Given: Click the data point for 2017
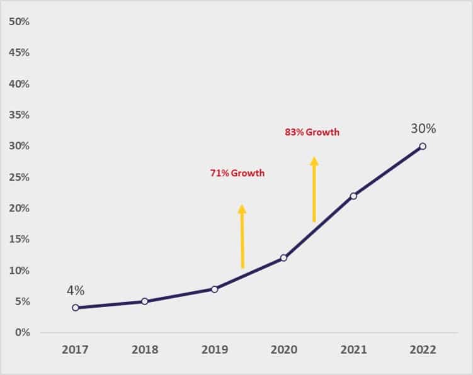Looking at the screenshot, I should (76, 308).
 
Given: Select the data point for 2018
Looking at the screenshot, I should (145, 301).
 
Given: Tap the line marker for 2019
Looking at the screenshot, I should (214, 289).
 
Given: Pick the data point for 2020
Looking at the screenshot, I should (284, 258).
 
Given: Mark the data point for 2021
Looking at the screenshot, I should (353, 196).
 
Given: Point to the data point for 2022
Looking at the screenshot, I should (423, 146).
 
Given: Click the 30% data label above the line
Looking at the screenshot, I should (423, 128).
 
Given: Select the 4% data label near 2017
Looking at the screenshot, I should (76, 290).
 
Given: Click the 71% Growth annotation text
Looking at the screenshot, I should (237, 173).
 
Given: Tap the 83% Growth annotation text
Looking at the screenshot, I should (312, 132).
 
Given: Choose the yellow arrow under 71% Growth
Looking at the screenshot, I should (242, 237).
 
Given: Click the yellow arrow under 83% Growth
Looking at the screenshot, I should (314, 189).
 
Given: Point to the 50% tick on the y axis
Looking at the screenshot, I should (19, 21).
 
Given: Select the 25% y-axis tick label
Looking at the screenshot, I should (19, 177).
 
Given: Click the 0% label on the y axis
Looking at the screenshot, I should (22, 332).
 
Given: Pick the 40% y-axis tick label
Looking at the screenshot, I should (19, 84).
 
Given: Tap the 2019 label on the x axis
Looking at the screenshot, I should (214, 350).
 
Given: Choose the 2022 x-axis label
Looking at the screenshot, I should (423, 350).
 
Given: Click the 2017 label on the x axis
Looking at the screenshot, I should (76, 350).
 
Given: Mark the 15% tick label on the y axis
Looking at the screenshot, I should (19, 240).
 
